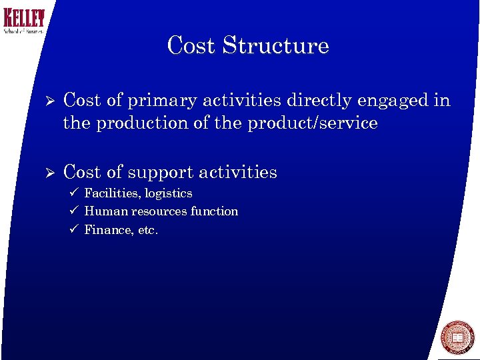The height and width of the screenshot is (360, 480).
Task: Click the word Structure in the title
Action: [x=276, y=45]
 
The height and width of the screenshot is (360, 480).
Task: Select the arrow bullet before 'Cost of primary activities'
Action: [x=47, y=101]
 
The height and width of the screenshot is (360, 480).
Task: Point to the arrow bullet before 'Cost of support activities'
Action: [x=47, y=173]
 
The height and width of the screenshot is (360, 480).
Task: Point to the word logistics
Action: [x=169, y=194]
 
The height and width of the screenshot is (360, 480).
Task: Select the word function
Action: [x=214, y=211]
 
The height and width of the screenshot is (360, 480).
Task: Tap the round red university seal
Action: [x=458, y=337]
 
